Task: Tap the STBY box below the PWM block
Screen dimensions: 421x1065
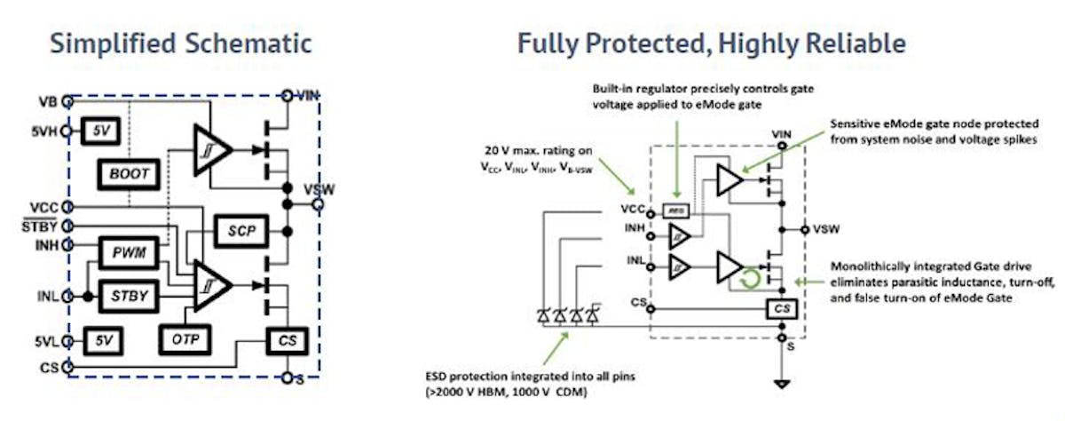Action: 128,293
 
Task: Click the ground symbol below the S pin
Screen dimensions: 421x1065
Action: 781,384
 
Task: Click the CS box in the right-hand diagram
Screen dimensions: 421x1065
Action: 781,308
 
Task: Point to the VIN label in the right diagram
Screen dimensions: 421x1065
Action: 781,134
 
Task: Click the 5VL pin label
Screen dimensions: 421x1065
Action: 47,340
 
